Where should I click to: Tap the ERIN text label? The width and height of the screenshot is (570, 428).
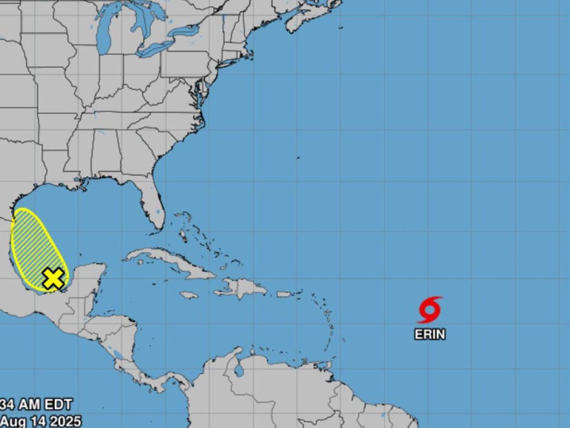430,334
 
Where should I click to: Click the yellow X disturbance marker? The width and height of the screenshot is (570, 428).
53,278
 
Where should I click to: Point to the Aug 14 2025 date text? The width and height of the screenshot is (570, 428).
41,421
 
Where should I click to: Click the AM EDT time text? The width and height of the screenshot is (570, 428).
36,404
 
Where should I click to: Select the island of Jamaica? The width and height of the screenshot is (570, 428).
189,295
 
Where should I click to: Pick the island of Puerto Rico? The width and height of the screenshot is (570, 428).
284,294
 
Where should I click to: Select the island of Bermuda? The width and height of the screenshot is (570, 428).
298,158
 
